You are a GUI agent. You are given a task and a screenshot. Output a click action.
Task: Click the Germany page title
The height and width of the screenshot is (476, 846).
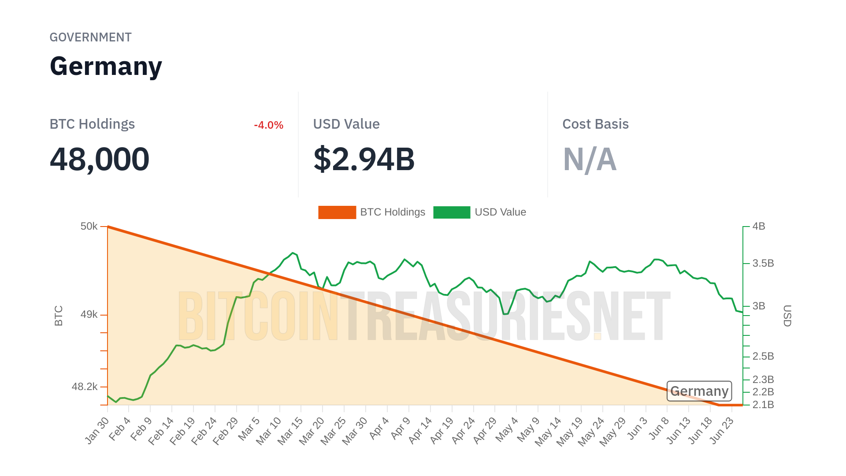coord(106,67)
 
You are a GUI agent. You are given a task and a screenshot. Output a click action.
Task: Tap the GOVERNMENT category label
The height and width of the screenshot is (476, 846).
coord(90,37)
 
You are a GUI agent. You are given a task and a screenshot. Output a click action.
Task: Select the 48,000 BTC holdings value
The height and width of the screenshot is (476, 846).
coord(100,159)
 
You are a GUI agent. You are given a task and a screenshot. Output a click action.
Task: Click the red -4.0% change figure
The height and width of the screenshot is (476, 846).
coord(268,125)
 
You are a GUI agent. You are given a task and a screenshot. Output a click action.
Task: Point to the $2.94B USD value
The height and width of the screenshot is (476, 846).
coord(364,159)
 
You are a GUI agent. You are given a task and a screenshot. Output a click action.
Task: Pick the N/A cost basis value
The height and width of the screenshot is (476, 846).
coord(590,159)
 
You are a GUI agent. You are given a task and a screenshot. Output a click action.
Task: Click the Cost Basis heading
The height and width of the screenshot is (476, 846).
coord(595,124)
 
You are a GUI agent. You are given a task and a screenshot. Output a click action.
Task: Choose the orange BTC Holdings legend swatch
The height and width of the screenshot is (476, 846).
coord(337,212)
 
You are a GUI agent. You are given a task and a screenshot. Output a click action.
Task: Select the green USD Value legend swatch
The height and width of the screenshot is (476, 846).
coord(452,212)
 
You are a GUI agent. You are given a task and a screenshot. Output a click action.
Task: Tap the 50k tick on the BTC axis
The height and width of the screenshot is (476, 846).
coord(89,227)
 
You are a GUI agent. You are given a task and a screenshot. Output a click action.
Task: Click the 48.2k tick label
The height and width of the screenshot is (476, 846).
coord(85,387)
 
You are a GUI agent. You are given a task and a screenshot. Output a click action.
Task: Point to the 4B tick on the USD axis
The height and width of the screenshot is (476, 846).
coord(759,227)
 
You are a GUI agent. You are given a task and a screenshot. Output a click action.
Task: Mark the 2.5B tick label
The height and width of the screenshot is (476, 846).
coord(763,356)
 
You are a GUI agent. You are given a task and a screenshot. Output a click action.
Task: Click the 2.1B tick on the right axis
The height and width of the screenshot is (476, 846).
coord(763,405)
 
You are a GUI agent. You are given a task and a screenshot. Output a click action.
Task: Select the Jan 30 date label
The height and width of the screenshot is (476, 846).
coord(97,430)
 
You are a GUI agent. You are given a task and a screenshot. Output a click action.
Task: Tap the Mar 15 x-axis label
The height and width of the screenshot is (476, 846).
coord(291,430)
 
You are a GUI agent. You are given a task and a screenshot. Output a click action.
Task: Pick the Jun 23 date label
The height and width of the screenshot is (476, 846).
coord(722,430)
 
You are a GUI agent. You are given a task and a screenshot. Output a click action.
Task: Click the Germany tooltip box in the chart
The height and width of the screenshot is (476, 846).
coord(699,391)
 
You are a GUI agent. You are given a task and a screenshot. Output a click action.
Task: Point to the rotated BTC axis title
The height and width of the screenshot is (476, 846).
coord(59,316)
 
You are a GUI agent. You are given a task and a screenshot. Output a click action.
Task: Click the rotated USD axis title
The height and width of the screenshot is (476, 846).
coord(787,316)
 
